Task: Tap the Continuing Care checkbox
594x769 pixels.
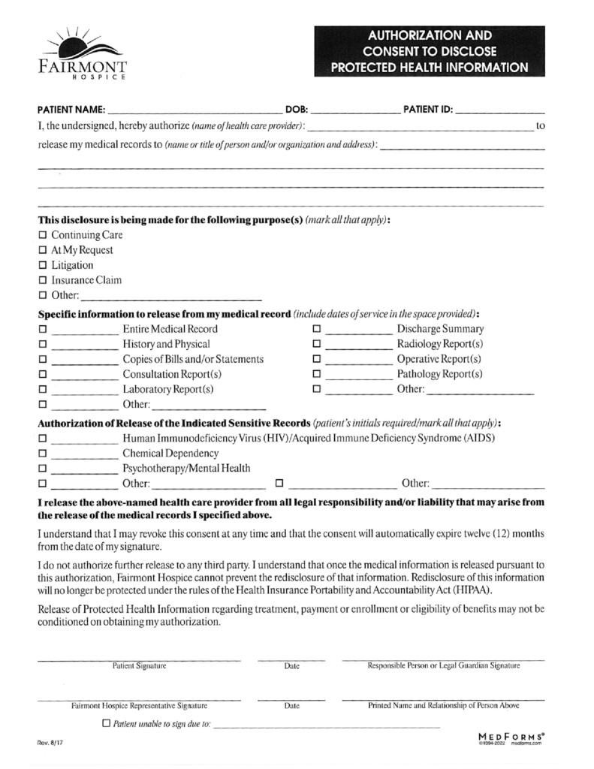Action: coord(42,235)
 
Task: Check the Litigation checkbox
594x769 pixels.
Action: coord(42,265)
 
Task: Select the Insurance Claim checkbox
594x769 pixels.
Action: coord(42,280)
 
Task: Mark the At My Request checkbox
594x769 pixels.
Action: coord(42,250)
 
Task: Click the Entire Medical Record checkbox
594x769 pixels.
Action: coord(42,329)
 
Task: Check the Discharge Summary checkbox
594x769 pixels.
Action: coord(316,329)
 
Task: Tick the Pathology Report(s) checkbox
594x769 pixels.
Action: coord(316,374)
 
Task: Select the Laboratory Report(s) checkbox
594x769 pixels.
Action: coord(42,389)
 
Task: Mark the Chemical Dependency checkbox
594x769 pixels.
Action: coord(42,454)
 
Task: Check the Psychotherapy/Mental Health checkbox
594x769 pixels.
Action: coord(42,469)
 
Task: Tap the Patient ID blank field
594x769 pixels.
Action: coord(499,110)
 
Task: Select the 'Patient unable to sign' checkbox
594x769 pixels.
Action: coord(106,724)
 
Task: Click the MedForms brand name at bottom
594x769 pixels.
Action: coord(511,737)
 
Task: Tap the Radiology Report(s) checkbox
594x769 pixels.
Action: coord(316,344)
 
